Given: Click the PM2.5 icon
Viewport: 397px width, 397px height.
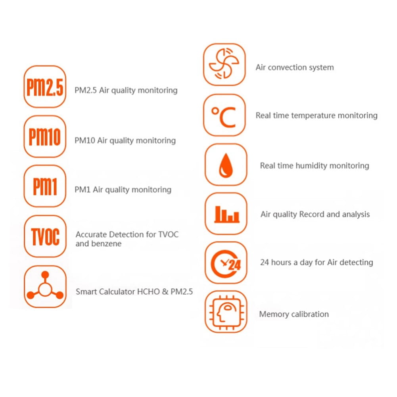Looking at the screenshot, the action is click(x=45, y=86).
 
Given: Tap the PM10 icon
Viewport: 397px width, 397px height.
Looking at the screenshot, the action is click(x=45, y=136).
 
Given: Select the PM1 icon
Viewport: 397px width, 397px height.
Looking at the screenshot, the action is click(x=45, y=186).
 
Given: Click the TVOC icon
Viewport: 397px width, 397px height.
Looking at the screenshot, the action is click(x=45, y=236).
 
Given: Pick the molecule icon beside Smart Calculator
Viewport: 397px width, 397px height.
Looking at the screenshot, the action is click(x=45, y=286).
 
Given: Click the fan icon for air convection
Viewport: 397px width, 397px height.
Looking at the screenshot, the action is click(x=224, y=64).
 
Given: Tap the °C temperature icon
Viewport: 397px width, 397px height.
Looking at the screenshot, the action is click(x=224, y=115).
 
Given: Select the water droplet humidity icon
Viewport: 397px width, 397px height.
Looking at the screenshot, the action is click(x=226, y=165).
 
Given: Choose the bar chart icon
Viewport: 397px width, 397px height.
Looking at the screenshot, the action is click(x=226, y=213).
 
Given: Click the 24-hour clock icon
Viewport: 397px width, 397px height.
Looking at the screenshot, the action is click(x=226, y=263).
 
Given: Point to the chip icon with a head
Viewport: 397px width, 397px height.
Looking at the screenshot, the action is click(x=226, y=312).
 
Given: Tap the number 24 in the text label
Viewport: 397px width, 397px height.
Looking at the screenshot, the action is click(x=265, y=262).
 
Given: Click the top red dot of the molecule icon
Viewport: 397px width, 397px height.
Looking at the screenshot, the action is click(x=45, y=275).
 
